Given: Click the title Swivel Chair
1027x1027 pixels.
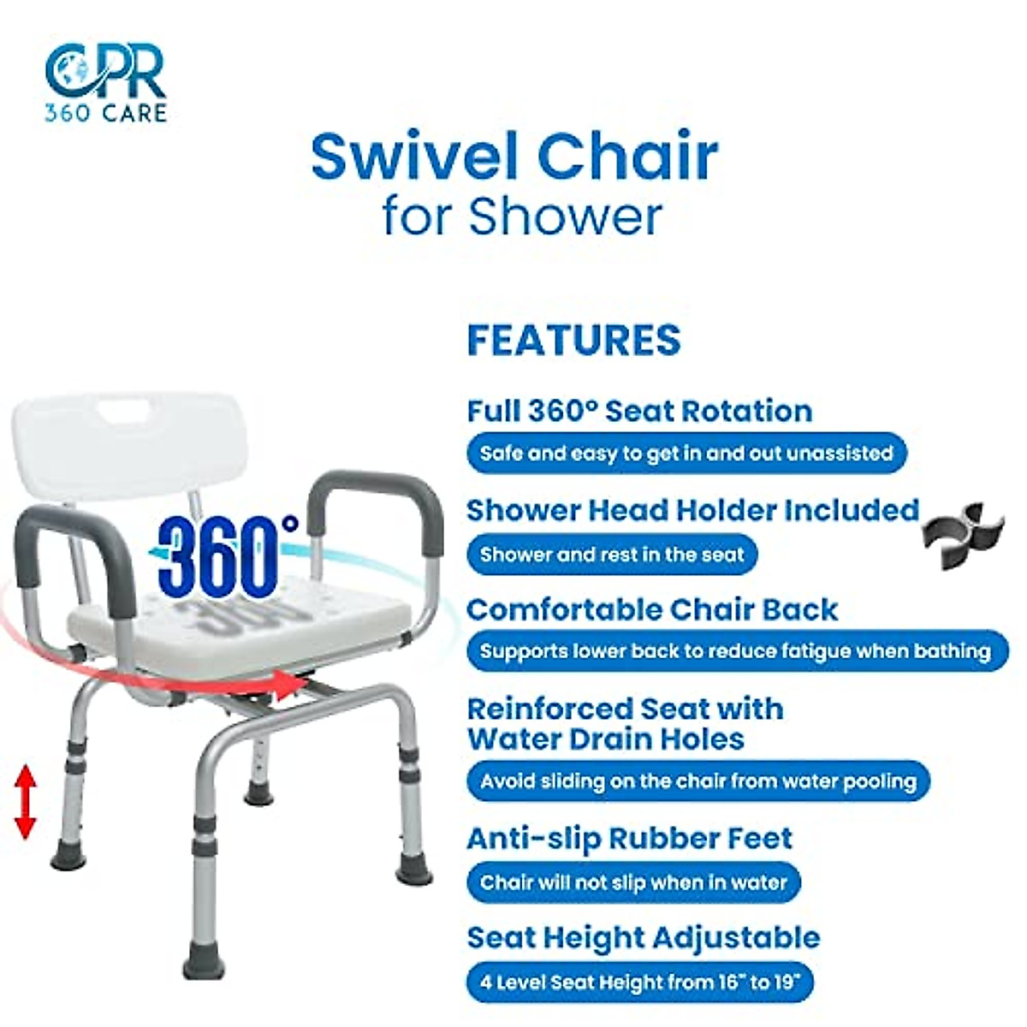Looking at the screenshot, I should click(x=513, y=156).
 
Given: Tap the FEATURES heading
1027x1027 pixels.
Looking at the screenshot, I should click(x=573, y=340).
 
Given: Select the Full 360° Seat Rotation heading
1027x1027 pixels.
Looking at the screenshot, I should click(x=639, y=411).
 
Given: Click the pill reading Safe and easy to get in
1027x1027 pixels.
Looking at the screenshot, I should click(x=686, y=453).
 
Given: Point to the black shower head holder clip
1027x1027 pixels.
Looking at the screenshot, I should click(x=962, y=537).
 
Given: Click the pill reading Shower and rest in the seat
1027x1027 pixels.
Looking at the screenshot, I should click(x=612, y=555).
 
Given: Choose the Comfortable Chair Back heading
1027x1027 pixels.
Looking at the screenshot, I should click(x=652, y=609).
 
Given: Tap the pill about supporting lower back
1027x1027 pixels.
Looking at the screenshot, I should click(x=734, y=651).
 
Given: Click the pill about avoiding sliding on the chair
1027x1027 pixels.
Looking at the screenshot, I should click(x=698, y=781).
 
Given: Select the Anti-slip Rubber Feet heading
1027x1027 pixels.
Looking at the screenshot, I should click(x=630, y=839).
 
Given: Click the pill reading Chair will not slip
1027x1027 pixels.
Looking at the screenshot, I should click(x=633, y=882).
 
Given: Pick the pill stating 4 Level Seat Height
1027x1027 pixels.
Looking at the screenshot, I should click(x=639, y=982).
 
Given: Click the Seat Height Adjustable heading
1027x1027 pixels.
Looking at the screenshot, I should click(x=643, y=937).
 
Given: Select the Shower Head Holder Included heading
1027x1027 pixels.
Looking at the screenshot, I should click(x=692, y=510).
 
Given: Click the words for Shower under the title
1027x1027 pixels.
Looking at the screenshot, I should click(x=522, y=216).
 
